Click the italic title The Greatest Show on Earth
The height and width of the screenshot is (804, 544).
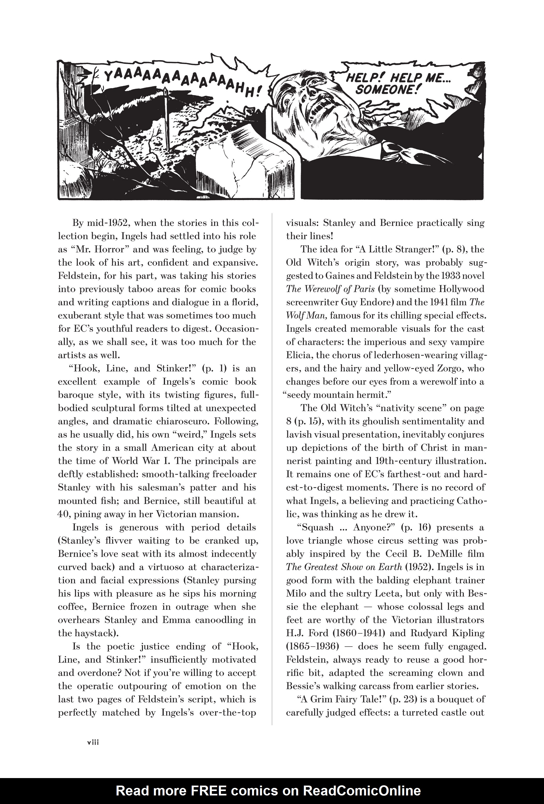pyautogui.click(x=344, y=567)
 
